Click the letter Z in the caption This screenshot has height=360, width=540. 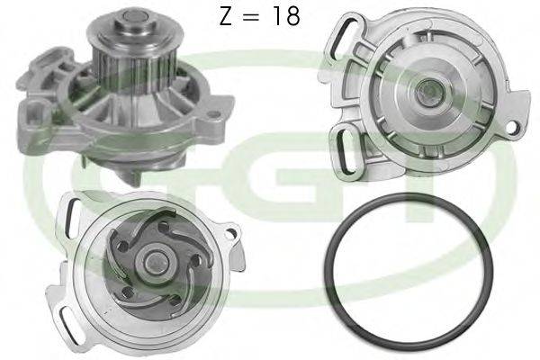coord(228,16)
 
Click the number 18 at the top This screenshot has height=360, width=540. coord(285,16)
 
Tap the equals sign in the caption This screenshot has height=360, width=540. coord(255,16)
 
